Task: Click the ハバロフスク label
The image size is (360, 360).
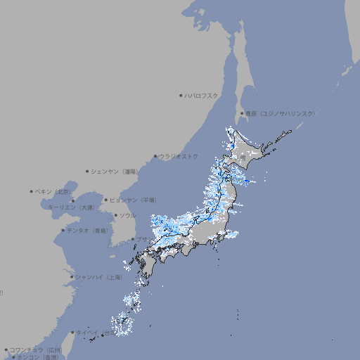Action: pyautogui.click(x=201, y=95)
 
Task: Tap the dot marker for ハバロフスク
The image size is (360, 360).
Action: pyautogui.click(x=181, y=95)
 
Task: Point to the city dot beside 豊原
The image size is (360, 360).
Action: pyautogui.click(x=242, y=113)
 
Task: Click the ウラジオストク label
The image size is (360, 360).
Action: pyautogui.click(x=179, y=156)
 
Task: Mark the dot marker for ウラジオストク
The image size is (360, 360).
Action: pyautogui.click(x=155, y=156)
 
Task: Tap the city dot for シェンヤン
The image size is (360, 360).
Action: pyautogui.click(x=88, y=171)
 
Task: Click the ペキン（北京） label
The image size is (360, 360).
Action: pyautogui.click(x=54, y=191)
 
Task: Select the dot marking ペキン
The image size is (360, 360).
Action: pyautogui.click(x=32, y=191)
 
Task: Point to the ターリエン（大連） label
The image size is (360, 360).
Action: pyautogui.click(x=71, y=207)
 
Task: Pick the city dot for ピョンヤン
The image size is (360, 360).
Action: pyautogui.click(x=107, y=200)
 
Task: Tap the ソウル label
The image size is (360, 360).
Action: pyautogui.click(x=127, y=215)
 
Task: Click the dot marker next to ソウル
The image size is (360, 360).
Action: pyautogui.click(x=115, y=215)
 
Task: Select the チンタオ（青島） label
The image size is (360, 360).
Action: pyautogui.click(x=89, y=230)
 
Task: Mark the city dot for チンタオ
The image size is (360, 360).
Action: pyautogui.click(x=63, y=230)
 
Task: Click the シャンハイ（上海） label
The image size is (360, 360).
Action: pyautogui.click(x=99, y=277)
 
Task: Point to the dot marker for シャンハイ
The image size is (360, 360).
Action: pyautogui.click(x=72, y=277)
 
